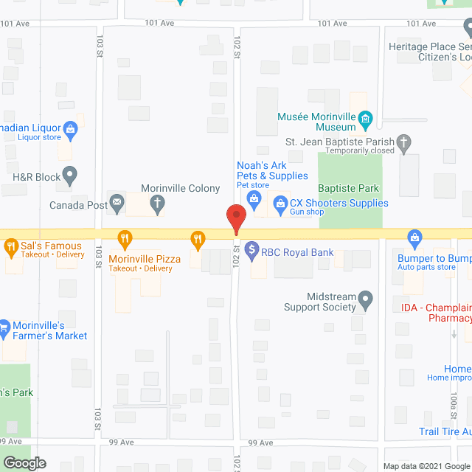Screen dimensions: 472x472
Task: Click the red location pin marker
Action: pos(235,219)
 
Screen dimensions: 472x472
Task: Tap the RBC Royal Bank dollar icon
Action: pos(252,251)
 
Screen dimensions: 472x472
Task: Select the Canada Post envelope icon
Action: pos(117,204)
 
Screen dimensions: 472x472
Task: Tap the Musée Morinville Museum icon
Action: pos(364,119)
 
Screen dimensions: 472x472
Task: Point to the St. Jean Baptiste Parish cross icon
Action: pos(403,141)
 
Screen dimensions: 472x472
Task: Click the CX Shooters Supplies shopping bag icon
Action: pos(280,203)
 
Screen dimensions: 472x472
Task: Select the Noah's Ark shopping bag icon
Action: pos(254,197)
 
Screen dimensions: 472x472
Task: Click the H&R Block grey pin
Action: pos(69,176)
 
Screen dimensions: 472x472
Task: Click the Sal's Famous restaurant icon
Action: pos(10,246)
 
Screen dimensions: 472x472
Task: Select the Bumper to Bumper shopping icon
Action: pos(414,237)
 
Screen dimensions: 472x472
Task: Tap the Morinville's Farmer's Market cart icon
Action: pos(4,324)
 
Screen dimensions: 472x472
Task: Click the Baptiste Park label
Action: pos(348,188)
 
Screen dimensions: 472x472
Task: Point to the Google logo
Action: pos(24,463)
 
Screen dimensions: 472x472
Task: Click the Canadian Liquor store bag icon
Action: pos(70,130)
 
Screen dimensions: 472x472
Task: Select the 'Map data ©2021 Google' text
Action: pos(426,466)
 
